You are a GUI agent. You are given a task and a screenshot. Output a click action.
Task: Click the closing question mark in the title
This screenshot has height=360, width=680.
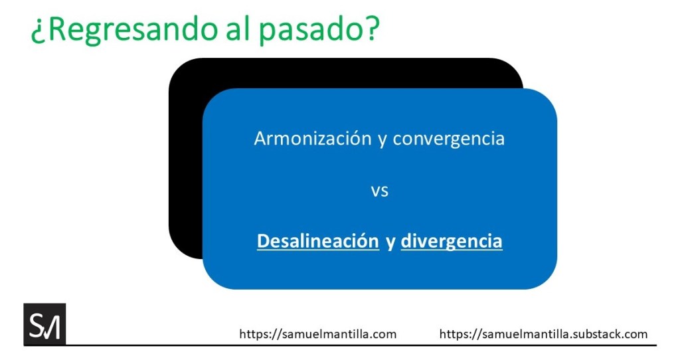pos(371,27)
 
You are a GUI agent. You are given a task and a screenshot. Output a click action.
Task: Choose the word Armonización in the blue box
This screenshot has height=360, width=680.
pos(313,139)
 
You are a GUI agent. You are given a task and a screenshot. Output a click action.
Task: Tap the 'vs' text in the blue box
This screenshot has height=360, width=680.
pos(379,191)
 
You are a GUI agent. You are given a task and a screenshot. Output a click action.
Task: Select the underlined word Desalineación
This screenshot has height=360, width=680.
pos(318,241)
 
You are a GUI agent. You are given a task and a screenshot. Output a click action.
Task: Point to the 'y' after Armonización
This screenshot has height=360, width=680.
pos(382,141)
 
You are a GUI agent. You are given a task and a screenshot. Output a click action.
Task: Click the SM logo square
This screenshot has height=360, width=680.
pos(44,324)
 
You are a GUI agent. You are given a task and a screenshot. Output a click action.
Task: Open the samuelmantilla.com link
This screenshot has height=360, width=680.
pos(318,334)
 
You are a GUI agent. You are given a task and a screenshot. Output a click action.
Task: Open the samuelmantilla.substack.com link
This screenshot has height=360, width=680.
pos(543,334)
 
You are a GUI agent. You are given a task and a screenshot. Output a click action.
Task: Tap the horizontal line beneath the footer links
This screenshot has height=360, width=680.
pos(340,345)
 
